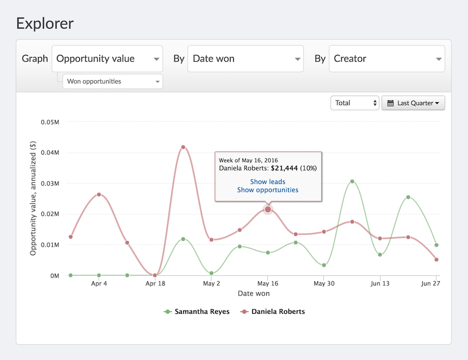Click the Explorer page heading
tap(45, 23)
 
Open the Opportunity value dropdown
tap(107, 59)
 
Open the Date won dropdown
tap(245, 59)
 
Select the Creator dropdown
tap(387, 59)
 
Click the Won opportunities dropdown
tap(113, 81)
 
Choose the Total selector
tap(354, 103)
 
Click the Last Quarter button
tap(413, 103)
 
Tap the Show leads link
tap(268, 182)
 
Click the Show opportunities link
tap(268, 190)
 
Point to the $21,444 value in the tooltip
tap(284, 168)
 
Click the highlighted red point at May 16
tap(268, 210)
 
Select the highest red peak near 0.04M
tap(183, 147)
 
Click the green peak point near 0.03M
tap(352, 181)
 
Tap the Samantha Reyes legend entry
tap(197, 312)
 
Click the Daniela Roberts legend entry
tap(273, 312)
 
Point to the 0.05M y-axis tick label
tap(50, 122)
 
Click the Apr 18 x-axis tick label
tap(155, 283)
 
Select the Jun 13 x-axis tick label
tap(380, 283)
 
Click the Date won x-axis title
tap(254, 294)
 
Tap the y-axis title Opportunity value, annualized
tap(33, 198)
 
